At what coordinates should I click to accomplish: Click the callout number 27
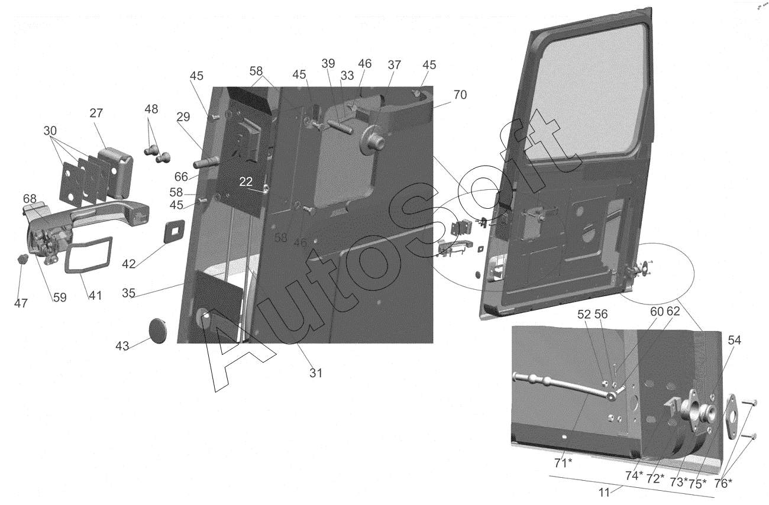[97, 114]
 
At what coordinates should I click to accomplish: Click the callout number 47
[21, 303]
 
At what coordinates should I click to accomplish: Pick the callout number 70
[460, 95]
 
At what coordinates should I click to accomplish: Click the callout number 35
[130, 292]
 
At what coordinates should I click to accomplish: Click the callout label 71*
[563, 461]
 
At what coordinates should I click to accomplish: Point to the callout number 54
[734, 340]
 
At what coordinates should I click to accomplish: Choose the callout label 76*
[722, 483]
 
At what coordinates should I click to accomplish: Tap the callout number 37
[395, 64]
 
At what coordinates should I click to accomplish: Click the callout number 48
[151, 109]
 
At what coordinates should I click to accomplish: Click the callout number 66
[181, 176]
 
